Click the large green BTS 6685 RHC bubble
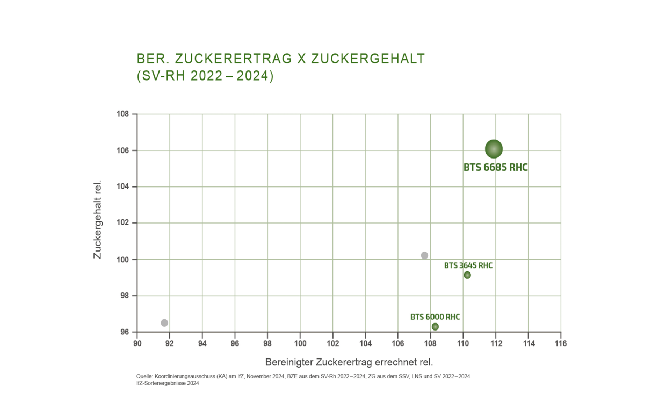pyautogui.click(x=494, y=149)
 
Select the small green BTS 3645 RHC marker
pyautogui.click(x=467, y=275)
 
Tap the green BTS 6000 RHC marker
pyautogui.click(x=435, y=327)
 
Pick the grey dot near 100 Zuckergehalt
pyautogui.click(x=424, y=255)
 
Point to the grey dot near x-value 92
pyautogui.click(x=164, y=323)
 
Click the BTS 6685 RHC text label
pyautogui.click(x=495, y=168)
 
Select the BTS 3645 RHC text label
pyautogui.click(x=468, y=265)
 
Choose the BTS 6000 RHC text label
pyautogui.click(x=435, y=317)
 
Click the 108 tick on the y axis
pyautogui.click(x=123, y=114)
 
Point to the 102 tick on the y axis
pyautogui.click(x=123, y=223)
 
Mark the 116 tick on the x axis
pyautogui.click(x=561, y=343)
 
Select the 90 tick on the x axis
pyautogui.click(x=137, y=343)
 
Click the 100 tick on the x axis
pyautogui.click(x=300, y=343)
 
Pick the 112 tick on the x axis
pyautogui.click(x=496, y=343)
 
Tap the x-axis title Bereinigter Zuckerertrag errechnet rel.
pyautogui.click(x=349, y=362)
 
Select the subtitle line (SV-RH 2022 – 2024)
pyautogui.click(x=205, y=76)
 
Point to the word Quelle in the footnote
pyautogui.click(x=145, y=376)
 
